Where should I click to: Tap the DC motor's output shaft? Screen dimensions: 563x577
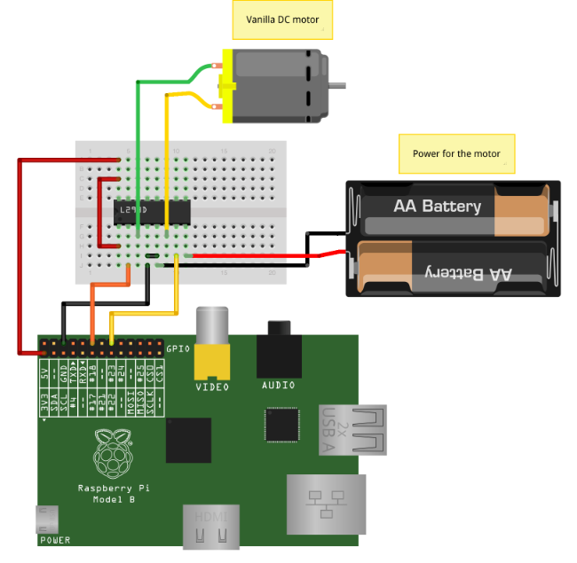click(338, 85)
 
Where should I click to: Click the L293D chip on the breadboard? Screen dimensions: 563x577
click(152, 210)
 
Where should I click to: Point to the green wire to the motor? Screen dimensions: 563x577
click(138, 133)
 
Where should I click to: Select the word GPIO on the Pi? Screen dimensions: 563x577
click(178, 348)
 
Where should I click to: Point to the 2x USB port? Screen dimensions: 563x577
click(352, 430)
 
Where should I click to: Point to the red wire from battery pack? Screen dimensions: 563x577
click(266, 256)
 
